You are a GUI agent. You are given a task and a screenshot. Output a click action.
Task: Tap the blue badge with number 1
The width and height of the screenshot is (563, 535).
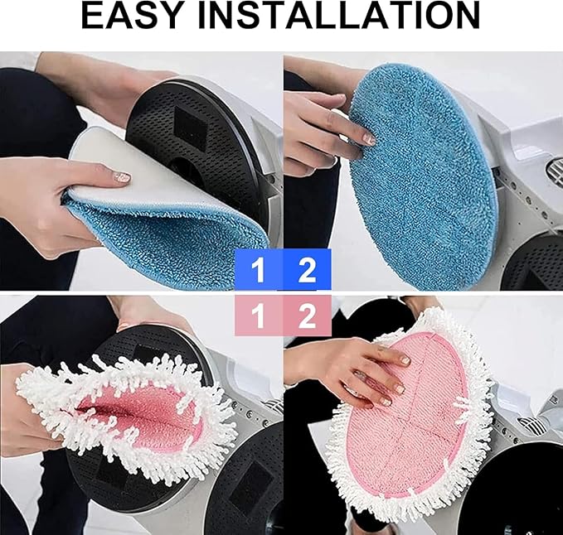[x=259, y=270]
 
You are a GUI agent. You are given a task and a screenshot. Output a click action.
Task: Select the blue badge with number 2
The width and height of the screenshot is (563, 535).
[x=307, y=270]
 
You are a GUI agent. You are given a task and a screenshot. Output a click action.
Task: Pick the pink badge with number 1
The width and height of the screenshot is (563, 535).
[x=259, y=316]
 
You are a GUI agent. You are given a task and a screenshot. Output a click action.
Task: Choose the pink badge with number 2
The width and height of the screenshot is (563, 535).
[x=307, y=316]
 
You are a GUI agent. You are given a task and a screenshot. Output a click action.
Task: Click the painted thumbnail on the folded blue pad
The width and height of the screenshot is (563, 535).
[x=122, y=176]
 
